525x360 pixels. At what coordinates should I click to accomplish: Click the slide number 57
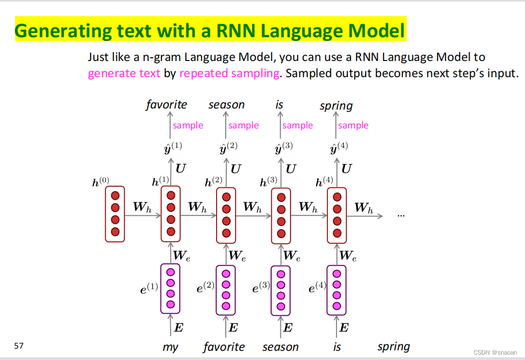[x=19, y=345]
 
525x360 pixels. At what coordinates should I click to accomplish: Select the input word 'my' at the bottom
[x=170, y=348]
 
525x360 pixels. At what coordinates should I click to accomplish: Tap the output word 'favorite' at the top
[x=166, y=105]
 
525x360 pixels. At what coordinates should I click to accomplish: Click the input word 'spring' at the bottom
[x=393, y=347]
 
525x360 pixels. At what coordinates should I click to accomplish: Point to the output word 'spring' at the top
[x=336, y=106]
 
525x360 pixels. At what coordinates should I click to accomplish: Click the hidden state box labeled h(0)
[x=115, y=214]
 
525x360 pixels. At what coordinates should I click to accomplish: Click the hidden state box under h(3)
[x=281, y=215]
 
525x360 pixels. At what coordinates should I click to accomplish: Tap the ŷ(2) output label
[x=228, y=147]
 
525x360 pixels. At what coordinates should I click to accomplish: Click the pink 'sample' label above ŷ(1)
[x=188, y=125]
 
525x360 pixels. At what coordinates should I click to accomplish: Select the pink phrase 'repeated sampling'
[x=229, y=73]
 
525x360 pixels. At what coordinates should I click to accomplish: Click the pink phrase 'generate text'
[x=124, y=73]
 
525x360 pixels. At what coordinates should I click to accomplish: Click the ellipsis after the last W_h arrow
[x=401, y=215]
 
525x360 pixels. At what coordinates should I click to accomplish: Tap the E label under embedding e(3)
[x=288, y=327]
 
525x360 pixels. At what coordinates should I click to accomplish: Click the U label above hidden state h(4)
[x=347, y=169]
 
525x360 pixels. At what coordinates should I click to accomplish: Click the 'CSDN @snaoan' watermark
[x=496, y=351]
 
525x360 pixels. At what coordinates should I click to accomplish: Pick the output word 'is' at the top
[x=279, y=104]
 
